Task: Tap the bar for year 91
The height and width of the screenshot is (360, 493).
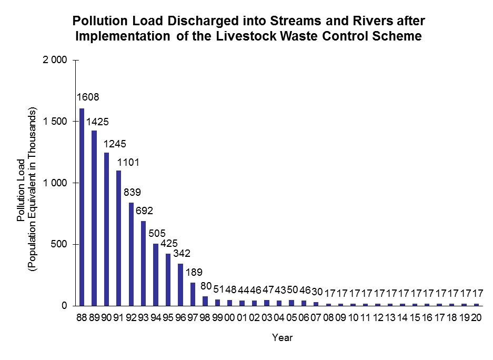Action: (x=119, y=238)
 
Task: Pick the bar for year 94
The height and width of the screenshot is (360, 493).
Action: (x=156, y=274)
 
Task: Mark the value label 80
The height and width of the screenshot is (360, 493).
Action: (x=206, y=286)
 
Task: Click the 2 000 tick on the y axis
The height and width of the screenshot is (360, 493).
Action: (x=54, y=61)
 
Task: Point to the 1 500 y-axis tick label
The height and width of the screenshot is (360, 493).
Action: (x=54, y=122)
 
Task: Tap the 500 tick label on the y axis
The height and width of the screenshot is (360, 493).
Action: (x=59, y=244)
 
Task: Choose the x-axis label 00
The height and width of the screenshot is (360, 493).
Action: (x=229, y=317)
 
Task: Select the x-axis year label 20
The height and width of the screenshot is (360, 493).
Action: (x=477, y=317)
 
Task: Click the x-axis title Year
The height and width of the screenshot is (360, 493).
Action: (x=282, y=338)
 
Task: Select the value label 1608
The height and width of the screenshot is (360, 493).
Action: (x=88, y=97)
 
